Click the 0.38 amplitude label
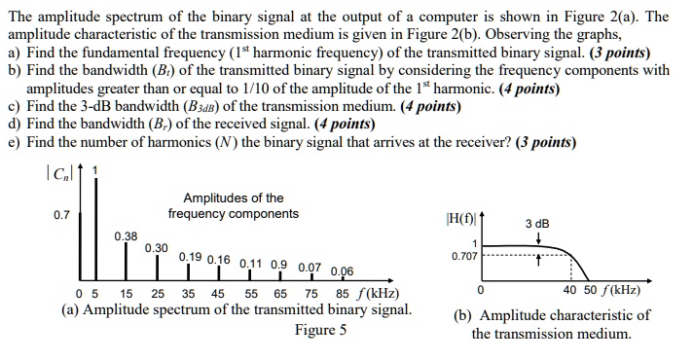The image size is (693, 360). click(x=126, y=235)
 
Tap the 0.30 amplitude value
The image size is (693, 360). click(x=156, y=248)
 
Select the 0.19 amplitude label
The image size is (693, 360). click(x=190, y=258)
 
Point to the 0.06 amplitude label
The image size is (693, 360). click(x=343, y=271)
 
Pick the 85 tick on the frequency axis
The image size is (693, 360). click(x=342, y=295)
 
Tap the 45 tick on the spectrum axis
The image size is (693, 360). click(x=217, y=295)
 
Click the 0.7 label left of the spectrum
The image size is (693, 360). click(x=61, y=215)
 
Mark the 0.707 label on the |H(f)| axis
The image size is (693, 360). click(x=464, y=257)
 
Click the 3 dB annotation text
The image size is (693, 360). click(x=536, y=224)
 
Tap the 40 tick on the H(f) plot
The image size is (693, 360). click(x=571, y=290)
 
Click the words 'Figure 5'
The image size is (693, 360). click(x=320, y=330)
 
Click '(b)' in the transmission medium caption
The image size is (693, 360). click(x=464, y=315)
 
